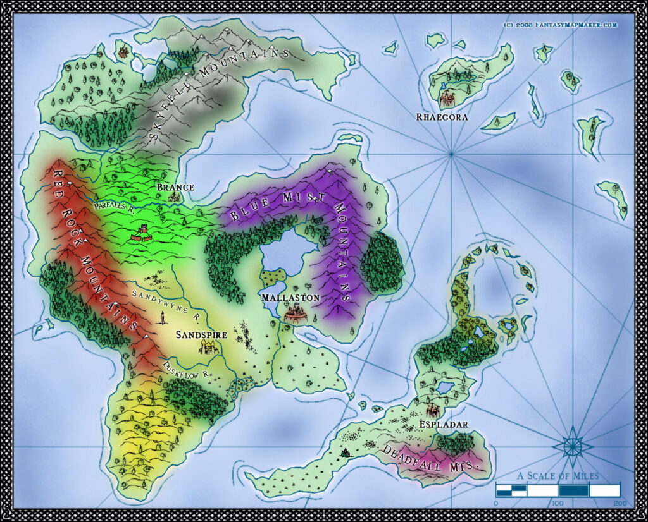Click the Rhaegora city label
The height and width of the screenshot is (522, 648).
click(x=433, y=117)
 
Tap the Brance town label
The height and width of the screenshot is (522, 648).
click(x=175, y=188)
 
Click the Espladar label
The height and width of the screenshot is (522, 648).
click(x=444, y=425)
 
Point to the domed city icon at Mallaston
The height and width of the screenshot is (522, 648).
click(x=295, y=312)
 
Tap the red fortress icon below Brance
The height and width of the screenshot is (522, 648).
click(x=142, y=234)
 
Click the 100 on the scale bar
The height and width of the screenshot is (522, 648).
click(x=558, y=503)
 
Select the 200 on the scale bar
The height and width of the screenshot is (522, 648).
click(x=620, y=503)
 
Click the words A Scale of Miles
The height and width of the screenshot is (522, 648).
click(x=558, y=476)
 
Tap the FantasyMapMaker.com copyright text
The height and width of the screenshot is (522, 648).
click(x=560, y=25)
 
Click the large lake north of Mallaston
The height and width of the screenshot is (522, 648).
click(x=284, y=253)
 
